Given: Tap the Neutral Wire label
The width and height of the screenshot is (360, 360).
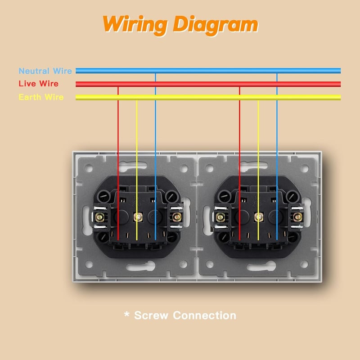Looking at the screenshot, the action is click(x=45, y=71).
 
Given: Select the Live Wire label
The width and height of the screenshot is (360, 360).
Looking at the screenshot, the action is click(x=39, y=84).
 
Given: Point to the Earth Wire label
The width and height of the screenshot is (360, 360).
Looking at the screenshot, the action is click(x=41, y=97).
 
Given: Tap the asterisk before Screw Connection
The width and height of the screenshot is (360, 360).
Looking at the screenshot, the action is click(x=126, y=314).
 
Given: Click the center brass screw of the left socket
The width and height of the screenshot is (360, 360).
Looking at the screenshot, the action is click(x=138, y=217).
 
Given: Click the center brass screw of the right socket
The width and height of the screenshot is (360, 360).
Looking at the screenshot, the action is click(x=259, y=217).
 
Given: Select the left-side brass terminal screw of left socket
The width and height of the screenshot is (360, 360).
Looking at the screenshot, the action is click(x=99, y=217).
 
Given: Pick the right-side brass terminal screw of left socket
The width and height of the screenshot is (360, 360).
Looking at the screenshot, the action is click(x=176, y=217).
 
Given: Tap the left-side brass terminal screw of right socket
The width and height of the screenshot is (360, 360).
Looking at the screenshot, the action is click(x=220, y=217).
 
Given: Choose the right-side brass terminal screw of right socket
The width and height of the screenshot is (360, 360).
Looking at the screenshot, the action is click(x=298, y=217).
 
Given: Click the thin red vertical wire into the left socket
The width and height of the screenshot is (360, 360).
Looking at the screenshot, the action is click(x=118, y=163).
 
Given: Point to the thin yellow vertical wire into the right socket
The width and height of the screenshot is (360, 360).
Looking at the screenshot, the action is click(x=258, y=171).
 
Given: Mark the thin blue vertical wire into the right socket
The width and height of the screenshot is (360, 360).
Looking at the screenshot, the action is click(x=277, y=157).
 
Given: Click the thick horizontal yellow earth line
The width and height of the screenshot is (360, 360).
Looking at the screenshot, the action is click(x=208, y=97).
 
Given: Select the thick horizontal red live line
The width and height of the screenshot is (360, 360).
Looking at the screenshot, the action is click(x=208, y=84).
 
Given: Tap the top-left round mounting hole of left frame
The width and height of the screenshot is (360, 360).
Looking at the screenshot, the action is click(x=89, y=168).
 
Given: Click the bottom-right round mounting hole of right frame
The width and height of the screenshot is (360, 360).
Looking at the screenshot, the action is click(x=304, y=264).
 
